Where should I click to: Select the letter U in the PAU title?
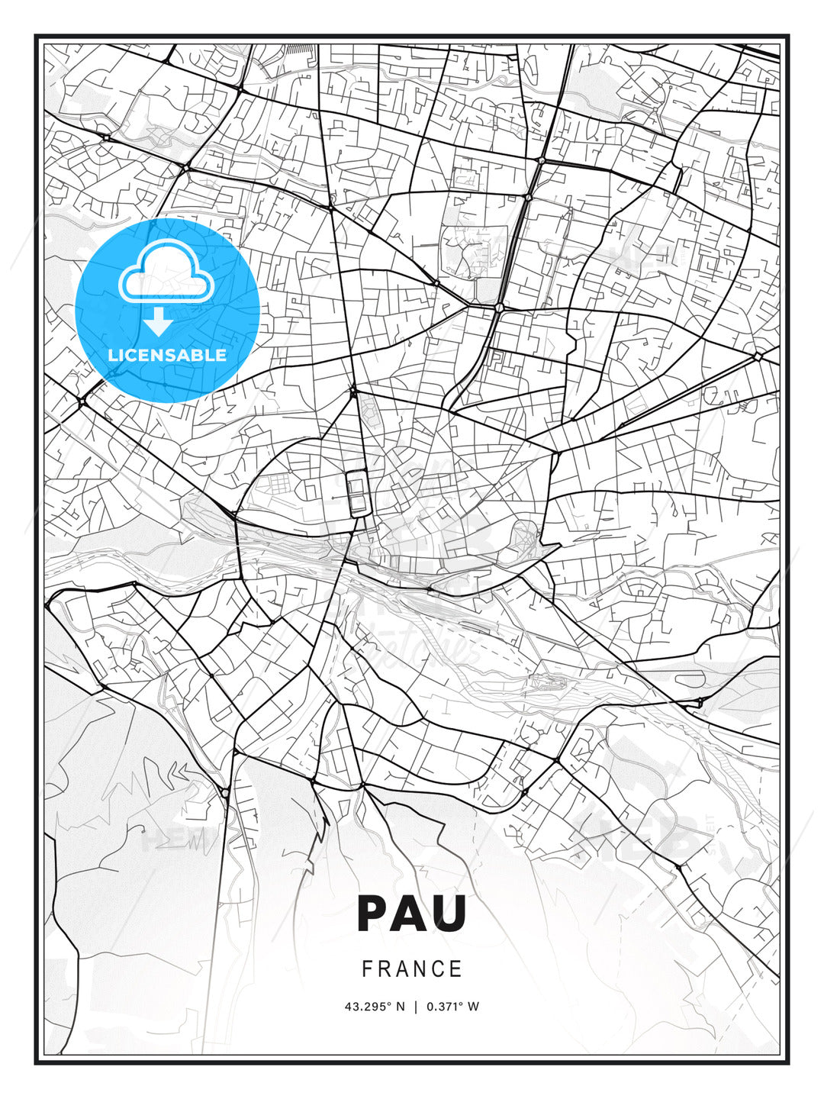pos(449,914)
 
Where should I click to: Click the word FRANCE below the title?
pos(412,969)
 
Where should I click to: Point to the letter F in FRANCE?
pos(367,969)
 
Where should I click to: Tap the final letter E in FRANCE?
pos(456,969)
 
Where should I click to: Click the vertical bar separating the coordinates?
pos(416,1007)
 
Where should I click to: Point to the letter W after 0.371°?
pos(474,1007)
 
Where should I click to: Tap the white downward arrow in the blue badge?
pos(159,322)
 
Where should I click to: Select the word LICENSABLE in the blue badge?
pos(167,355)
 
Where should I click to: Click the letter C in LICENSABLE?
pos(135,355)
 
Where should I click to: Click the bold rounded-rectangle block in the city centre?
pos(356,493)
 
